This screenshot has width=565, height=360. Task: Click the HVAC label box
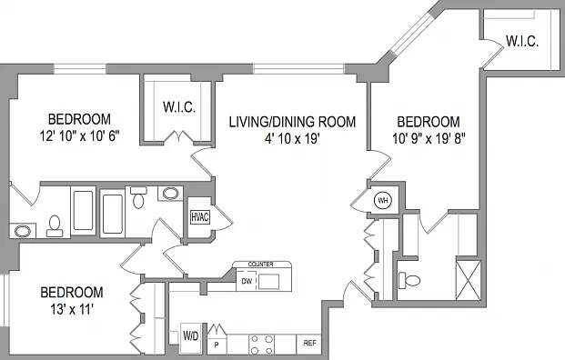[199, 217]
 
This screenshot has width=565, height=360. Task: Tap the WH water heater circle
[383, 200]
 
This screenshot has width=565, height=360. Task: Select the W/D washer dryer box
[191, 337]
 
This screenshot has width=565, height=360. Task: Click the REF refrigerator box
[309, 344]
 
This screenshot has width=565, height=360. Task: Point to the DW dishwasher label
[247, 281]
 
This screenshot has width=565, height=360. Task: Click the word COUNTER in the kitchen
[260, 265]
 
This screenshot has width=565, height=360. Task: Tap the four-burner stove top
[262, 345]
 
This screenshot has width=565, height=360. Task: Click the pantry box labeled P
[217, 345]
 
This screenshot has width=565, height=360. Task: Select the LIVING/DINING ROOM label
[292, 122]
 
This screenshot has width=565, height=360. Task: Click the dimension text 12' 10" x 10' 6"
[79, 136]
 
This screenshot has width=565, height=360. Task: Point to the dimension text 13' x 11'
[72, 309]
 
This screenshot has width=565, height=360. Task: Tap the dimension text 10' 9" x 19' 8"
[429, 138]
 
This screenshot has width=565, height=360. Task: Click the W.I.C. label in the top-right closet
[522, 42]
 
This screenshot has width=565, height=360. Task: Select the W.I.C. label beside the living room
[179, 107]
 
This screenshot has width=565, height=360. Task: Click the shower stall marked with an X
[468, 280]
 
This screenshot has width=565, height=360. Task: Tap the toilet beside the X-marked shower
[409, 279]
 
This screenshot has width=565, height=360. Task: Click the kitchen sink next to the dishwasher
[268, 282]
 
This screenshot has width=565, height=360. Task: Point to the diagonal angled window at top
[412, 34]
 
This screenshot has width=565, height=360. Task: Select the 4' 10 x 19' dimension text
[292, 138]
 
